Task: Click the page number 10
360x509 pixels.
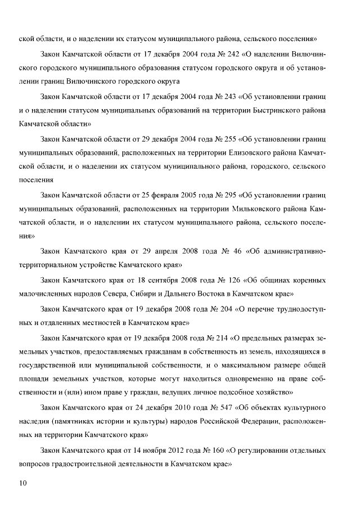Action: (23, 483)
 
